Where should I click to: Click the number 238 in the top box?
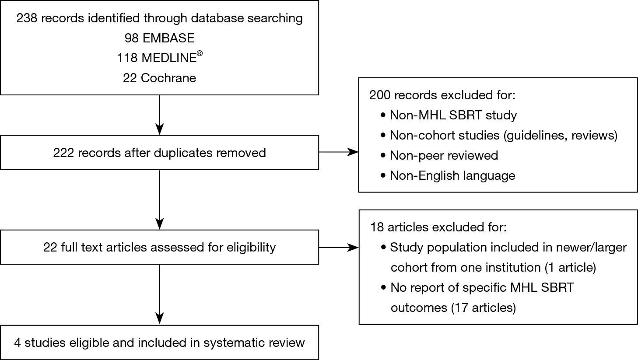27,18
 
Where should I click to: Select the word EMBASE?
168,38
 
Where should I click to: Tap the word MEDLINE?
169,58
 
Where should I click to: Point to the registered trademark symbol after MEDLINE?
200,53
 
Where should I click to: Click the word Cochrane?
168,78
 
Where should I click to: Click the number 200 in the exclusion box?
380,95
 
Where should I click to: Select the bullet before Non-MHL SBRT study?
383,115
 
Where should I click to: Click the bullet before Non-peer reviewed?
383,156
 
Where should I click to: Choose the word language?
489,176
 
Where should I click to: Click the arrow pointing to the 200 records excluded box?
339,152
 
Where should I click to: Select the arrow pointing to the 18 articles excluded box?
339,248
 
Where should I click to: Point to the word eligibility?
251,248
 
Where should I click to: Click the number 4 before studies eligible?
18,343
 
